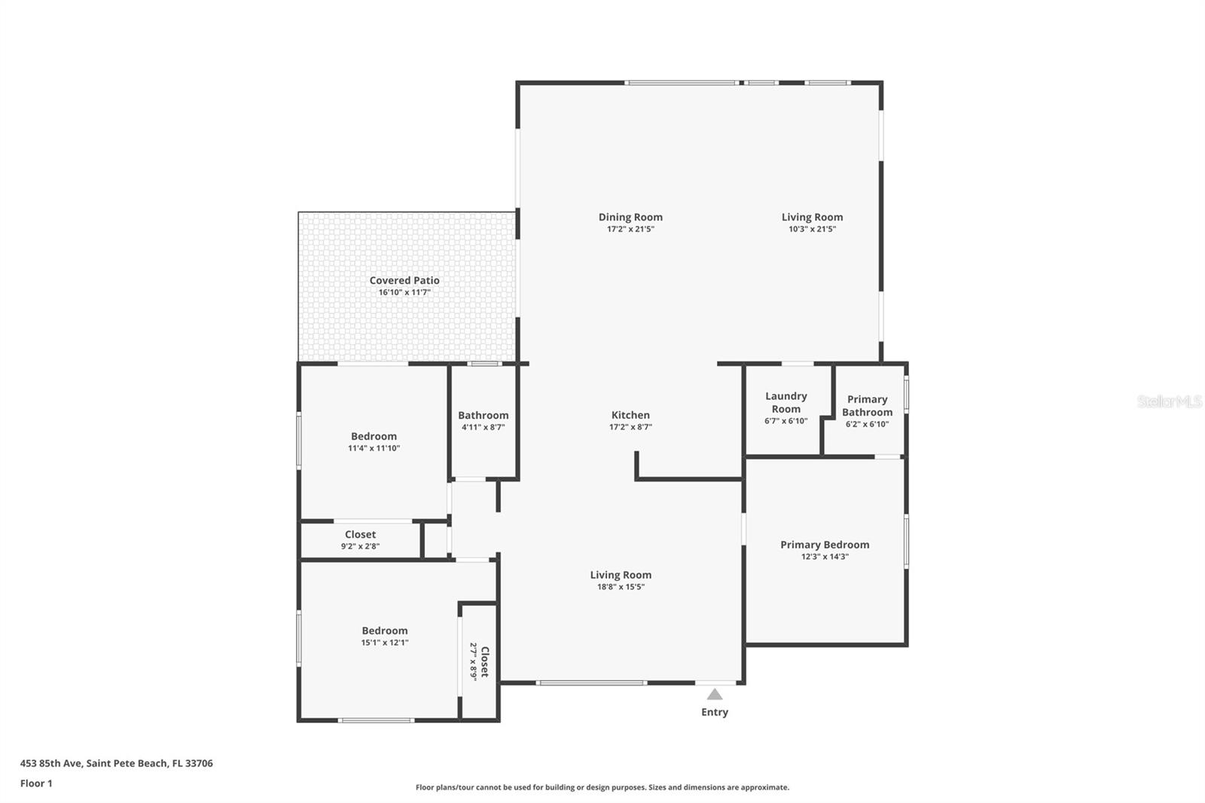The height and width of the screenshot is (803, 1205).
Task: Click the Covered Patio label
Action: (404, 280)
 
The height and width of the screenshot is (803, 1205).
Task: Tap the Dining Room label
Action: (630, 217)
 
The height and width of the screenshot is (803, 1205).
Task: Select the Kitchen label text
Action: (630, 415)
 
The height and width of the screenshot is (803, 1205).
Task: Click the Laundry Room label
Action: (786, 402)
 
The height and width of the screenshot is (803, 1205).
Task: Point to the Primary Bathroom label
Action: (867, 405)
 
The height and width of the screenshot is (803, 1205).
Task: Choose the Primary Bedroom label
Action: (825, 545)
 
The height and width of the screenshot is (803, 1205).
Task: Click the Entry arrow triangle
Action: (715, 695)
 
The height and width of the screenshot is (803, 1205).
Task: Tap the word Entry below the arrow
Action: (715, 712)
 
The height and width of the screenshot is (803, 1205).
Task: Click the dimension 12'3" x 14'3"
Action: (825, 557)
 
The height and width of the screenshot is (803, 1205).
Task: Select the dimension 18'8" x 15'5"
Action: (621, 587)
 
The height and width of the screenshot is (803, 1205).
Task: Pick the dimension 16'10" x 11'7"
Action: (404, 292)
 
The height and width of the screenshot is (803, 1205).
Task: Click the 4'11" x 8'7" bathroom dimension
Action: (483, 427)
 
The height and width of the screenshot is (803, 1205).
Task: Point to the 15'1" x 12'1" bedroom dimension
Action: (384, 643)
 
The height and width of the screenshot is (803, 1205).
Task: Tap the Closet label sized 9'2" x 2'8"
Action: (360, 534)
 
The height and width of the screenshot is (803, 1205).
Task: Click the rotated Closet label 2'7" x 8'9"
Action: (485, 661)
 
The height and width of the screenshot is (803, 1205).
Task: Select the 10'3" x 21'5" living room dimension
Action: (812, 229)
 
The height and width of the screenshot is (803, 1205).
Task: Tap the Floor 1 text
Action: (36, 783)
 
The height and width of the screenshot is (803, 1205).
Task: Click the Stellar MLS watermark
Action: (1170, 401)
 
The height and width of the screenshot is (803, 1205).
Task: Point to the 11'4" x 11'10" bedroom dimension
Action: (374, 448)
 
